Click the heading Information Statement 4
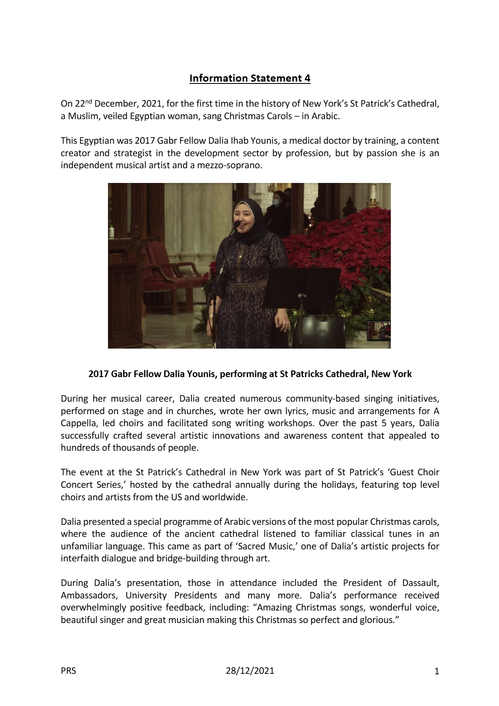click(x=249, y=79)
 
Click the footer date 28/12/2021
click(x=250, y=670)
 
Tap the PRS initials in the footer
click(x=68, y=670)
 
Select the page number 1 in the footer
click(x=437, y=671)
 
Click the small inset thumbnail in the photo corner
click(x=378, y=331)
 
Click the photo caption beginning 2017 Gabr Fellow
click(x=249, y=374)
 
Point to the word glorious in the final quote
click(x=377, y=620)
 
